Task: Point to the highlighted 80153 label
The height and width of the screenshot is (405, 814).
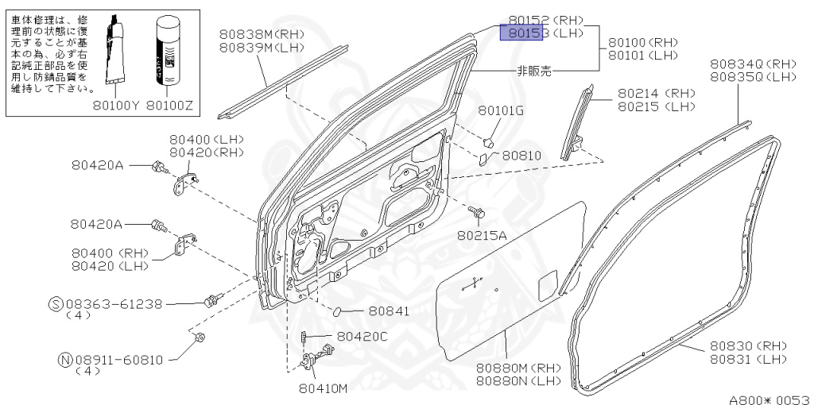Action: pyautogui.click(x=521, y=33)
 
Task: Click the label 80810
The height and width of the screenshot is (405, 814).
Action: pyautogui.click(x=521, y=156)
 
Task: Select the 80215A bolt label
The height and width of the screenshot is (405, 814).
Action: pyautogui.click(x=482, y=235)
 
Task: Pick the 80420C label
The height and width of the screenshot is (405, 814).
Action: pyautogui.click(x=362, y=337)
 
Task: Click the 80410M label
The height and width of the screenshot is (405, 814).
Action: pyautogui.click(x=324, y=388)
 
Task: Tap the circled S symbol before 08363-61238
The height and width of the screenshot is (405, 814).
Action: pyautogui.click(x=56, y=303)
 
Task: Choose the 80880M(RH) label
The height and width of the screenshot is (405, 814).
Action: pyautogui.click(x=518, y=368)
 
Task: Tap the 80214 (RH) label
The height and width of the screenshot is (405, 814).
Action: pyautogui.click(x=656, y=93)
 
